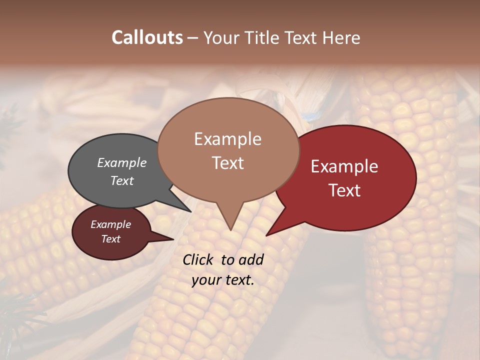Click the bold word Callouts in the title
pos(147,37)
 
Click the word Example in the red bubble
pos(344,166)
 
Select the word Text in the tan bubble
pos(228,162)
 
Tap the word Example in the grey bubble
pos(122,162)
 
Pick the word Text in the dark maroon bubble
pos(111,239)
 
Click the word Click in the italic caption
pos(199,259)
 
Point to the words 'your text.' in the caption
pos(223,280)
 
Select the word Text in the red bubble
pos(344,190)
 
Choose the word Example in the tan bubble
pos(228,139)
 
